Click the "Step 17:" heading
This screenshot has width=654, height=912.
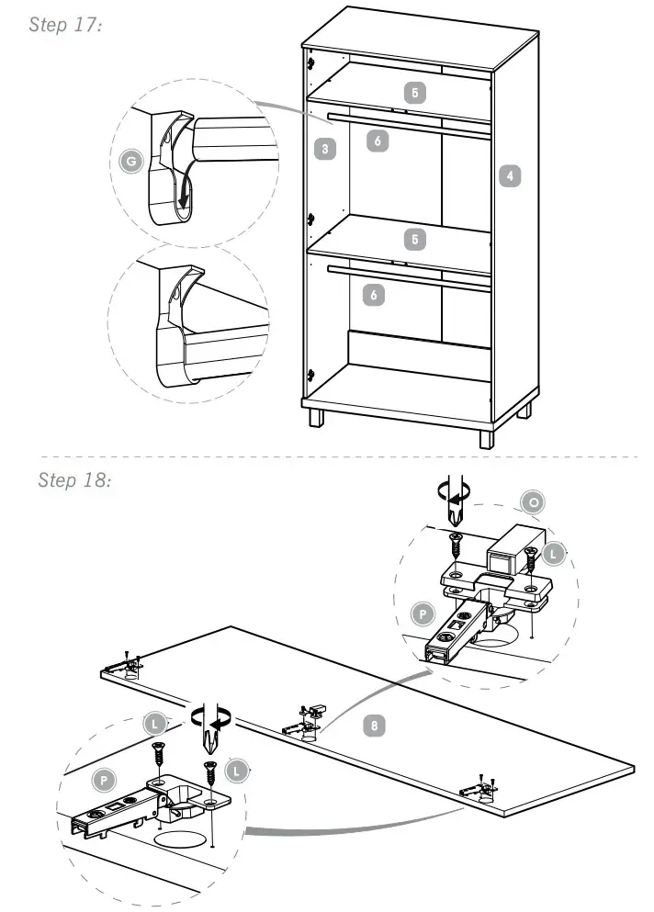coord(64,25)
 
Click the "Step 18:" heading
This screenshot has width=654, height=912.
coord(74,479)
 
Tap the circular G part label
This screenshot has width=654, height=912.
coord(132,163)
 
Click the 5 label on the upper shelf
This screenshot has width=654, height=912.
coord(416,92)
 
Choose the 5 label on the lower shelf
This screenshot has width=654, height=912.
coord(416,239)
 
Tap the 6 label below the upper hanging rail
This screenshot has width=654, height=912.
coord(377,140)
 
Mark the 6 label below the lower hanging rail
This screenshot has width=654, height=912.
coord(374,295)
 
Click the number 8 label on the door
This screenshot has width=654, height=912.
coord(373,726)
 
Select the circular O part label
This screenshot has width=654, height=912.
coord(533,501)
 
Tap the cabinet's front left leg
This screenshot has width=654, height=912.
coord(316,419)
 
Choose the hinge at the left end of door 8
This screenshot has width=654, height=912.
coord(124,663)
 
